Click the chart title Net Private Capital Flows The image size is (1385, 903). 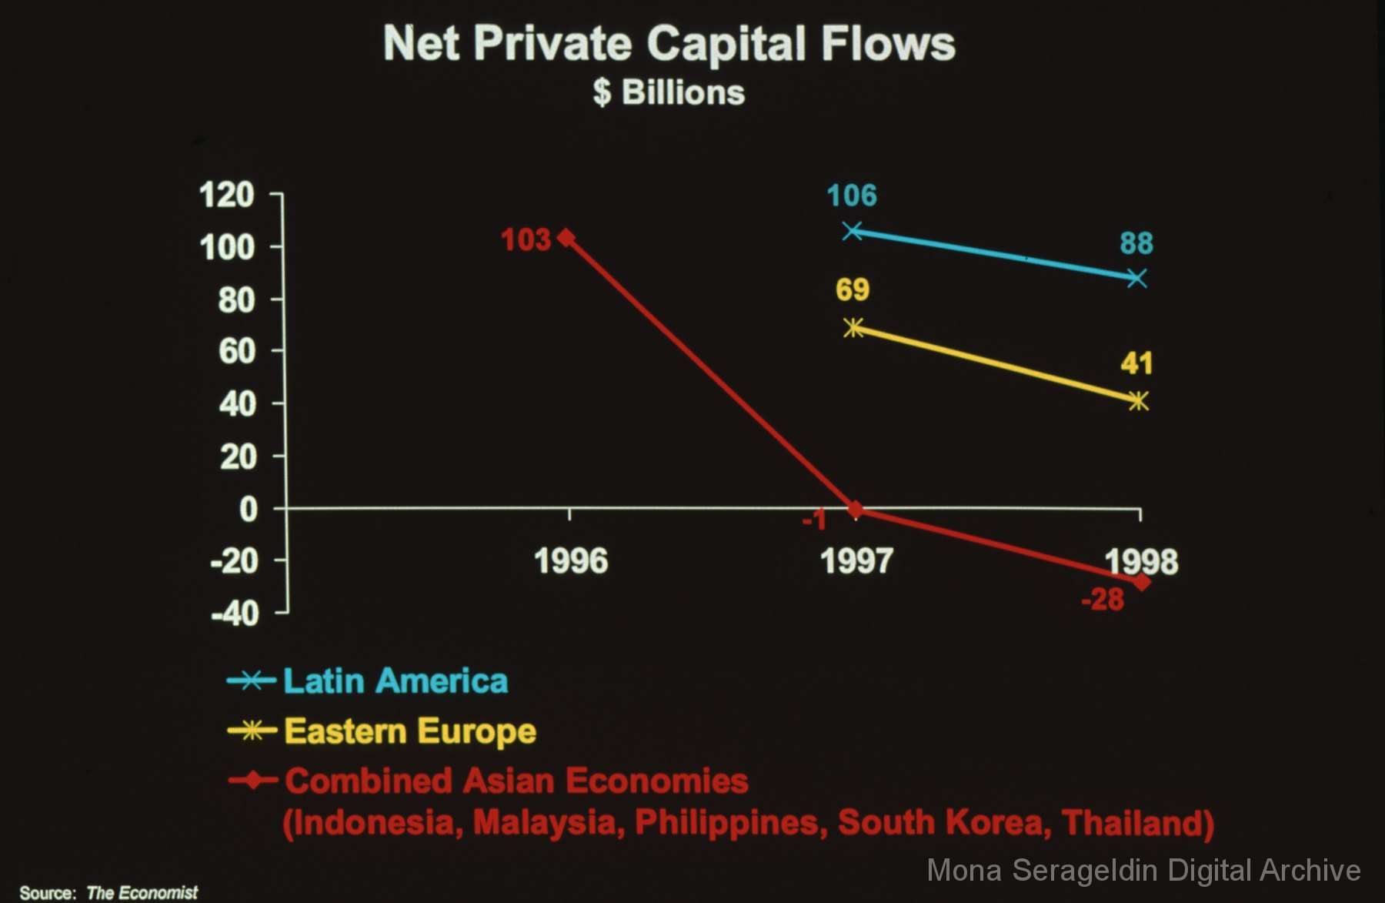coord(669,43)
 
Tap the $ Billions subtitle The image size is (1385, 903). coord(669,92)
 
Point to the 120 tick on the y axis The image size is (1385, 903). coord(226,195)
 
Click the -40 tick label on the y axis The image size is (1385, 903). coord(235,614)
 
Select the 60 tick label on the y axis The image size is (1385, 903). coord(236,352)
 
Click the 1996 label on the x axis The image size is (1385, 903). coord(571,561)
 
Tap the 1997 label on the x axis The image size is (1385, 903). coord(856,561)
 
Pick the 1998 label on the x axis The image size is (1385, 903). coord(1141,561)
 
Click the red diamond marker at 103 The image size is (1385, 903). coord(566,237)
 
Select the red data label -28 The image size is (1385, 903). coord(1103,599)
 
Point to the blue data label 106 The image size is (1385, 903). coord(852,196)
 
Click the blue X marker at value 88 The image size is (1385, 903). coord(1136,278)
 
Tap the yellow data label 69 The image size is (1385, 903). coord(853,289)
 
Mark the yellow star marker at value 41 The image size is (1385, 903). coord(1138,401)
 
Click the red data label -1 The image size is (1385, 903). coord(814,521)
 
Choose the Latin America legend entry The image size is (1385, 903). coord(395,681)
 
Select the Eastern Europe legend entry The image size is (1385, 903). coord(409,731)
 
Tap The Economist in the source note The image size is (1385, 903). coord(142,892)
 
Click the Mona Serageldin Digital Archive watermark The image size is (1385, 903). coord(1143,870)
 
